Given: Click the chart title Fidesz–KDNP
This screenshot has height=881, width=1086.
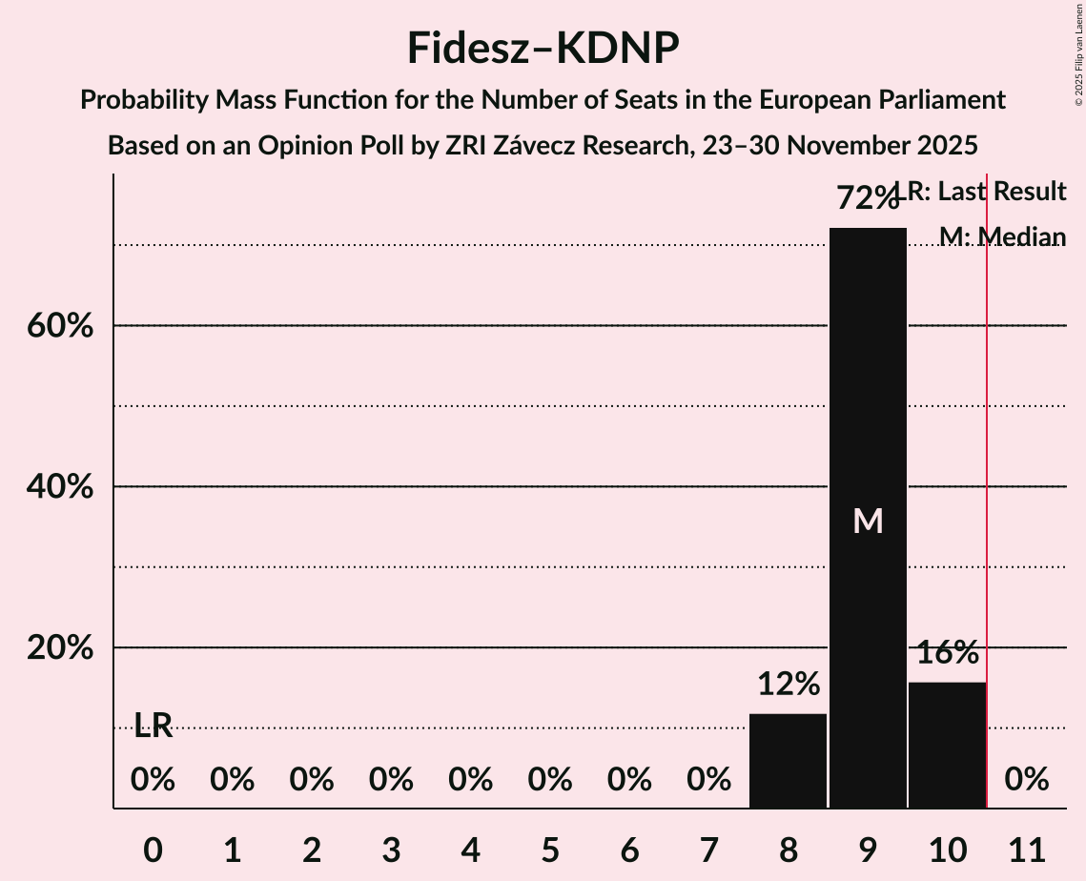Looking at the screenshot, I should (x=543, y=48).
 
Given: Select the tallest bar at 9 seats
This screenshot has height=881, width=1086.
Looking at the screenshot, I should (x=868, y=429).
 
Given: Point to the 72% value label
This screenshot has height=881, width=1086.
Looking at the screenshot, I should (x=867, y=198).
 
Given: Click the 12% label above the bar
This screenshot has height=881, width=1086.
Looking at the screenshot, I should (x=788, y=684).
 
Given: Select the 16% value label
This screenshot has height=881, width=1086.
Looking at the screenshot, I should (x=947, y=653).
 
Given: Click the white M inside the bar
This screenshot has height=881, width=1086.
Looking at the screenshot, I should (x=868, y=521).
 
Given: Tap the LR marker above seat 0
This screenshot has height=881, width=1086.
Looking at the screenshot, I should (x=153, y=726).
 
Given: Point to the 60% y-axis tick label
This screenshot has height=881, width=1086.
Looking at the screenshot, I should (x=59, y=326).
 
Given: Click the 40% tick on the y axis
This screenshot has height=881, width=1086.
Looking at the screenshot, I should (x=59, y=487).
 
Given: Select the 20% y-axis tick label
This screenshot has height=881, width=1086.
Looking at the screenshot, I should (x=59, y=648).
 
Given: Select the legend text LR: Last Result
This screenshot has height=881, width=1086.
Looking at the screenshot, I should (x=987, y=192).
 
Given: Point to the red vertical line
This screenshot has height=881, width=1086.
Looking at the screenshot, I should (x=987, y=496).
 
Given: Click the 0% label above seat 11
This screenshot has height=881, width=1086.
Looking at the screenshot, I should (x=1027, y=780).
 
